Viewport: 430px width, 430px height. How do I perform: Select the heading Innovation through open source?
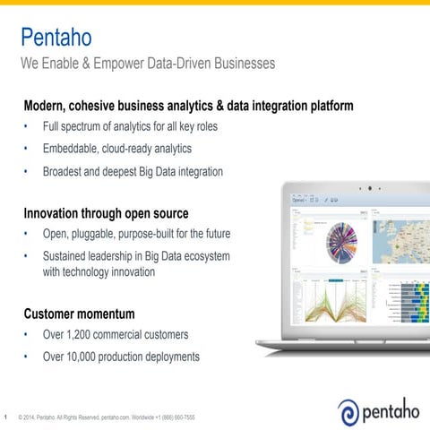[106, 214]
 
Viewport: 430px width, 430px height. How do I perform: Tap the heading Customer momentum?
[79, 314]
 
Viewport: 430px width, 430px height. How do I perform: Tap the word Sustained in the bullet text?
[70, 256]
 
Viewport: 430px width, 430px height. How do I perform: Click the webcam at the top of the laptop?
[368, 190]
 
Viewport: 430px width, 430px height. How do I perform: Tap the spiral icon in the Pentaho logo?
[348, 411]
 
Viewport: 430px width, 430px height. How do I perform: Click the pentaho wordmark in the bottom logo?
[391, 410]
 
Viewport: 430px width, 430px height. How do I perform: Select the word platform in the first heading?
[326, 106]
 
